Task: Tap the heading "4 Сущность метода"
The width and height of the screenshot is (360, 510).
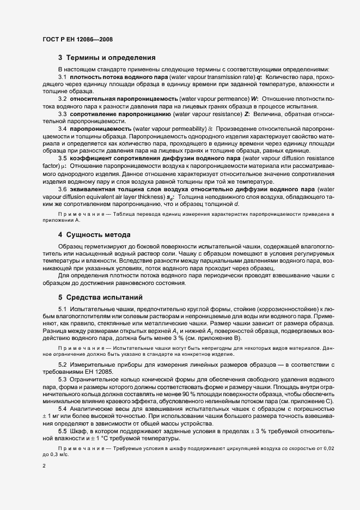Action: pyautogui.click(x=94, y=235)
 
